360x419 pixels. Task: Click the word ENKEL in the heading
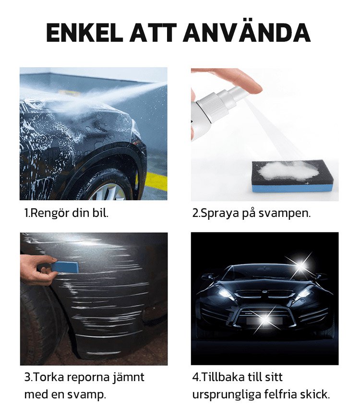(x=84, y=33)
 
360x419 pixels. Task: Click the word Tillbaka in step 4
(x=223, y=377)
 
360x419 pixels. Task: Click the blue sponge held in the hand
(x=65, y=267)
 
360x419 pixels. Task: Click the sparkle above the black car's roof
(x=301, y=264)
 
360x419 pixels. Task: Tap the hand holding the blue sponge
(x=37, y=269)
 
